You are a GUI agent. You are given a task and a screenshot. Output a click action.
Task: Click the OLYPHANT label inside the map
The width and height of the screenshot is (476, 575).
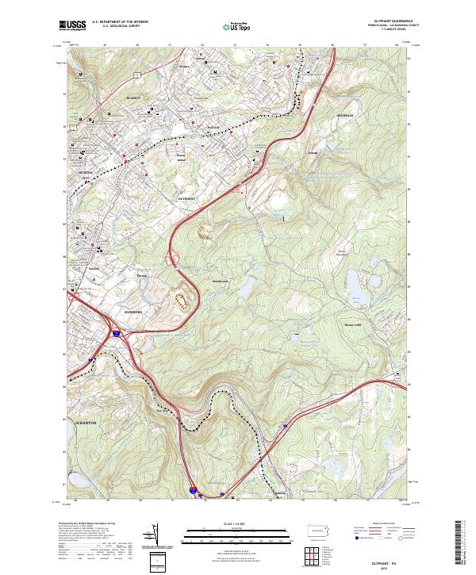click(x=187, y=198)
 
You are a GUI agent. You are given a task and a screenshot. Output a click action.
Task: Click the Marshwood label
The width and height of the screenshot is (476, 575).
click(x=220, y=282)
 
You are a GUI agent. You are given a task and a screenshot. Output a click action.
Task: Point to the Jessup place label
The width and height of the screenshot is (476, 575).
click(x=312, y=152)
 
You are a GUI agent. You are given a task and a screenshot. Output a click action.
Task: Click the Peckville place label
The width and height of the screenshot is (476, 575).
click(x=212, y=127)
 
